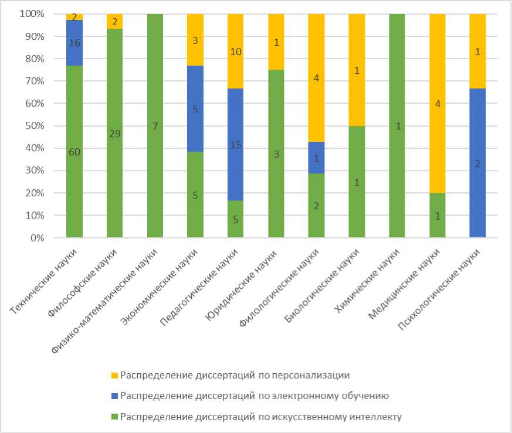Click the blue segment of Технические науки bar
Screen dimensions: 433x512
coord(74,43)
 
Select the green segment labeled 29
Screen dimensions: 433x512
coord(114,134)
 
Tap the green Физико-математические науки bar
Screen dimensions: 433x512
coord(155,126)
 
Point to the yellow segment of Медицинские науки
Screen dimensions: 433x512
coord(438,104)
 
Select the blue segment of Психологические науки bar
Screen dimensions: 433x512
coord(477,163)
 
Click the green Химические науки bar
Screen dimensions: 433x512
coord(397,126)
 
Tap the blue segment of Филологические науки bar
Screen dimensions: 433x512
coord(316,158)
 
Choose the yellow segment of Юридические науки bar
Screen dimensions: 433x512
coord(276,42)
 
